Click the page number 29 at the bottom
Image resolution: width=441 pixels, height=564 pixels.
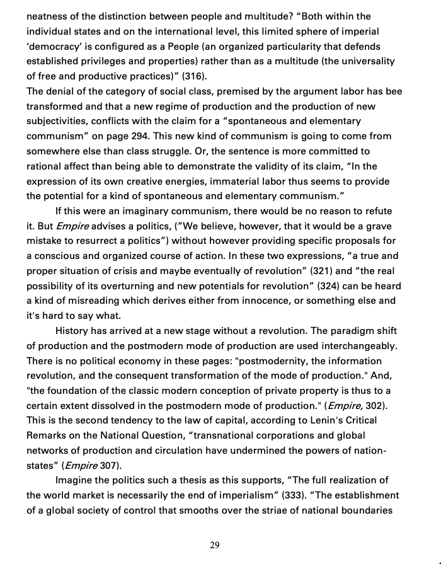pyautogui.click(x=215, y=545)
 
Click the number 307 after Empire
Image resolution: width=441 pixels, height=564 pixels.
pyautogui.click(x=112, y=466)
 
